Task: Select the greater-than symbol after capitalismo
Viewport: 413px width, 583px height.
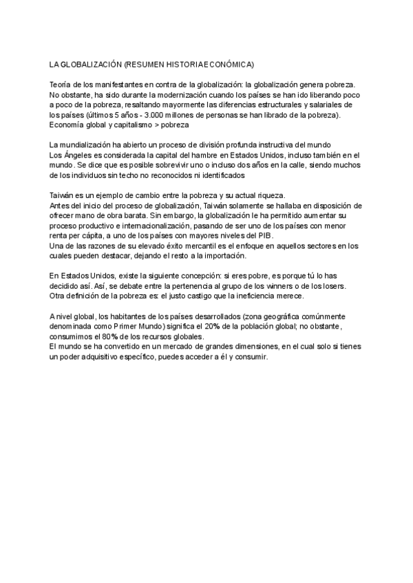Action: [158, 125]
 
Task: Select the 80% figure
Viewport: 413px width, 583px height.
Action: [105, 337]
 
